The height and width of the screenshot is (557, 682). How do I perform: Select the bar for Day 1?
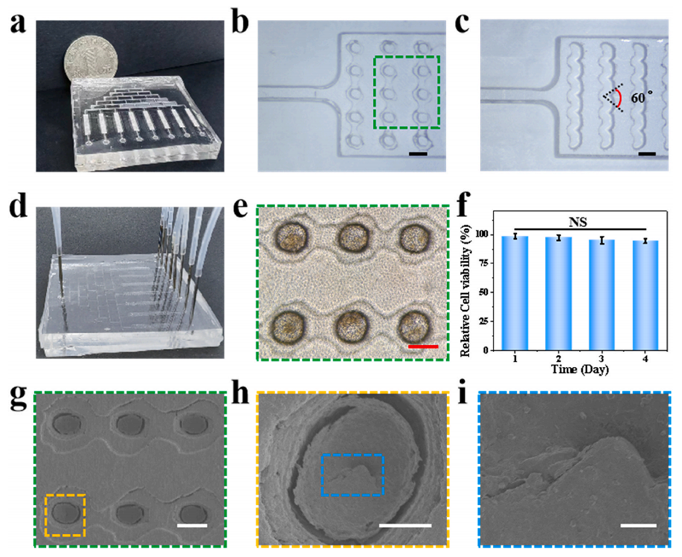click(x=515, y=293)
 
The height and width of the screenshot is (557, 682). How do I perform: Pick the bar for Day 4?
click(x=646, y=295)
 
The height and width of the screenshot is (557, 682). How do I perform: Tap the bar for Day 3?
click(x=602, y=295)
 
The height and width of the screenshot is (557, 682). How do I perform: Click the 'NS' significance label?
click(x=578, y=222)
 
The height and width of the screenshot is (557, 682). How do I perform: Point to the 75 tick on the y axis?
click(x=486, y=264)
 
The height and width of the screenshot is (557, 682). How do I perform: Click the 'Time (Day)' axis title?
click(x=580, y=370)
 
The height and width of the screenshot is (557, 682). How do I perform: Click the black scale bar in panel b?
click(x=418, y=154)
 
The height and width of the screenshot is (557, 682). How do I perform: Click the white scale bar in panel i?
click(x=638, y=526)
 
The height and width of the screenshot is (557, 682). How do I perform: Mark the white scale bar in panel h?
click(x=405, y=526)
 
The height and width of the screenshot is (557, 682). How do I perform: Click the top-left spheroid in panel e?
click(x=291, y=237)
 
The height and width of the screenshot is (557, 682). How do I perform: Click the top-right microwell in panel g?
click(x=191, y=424)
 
